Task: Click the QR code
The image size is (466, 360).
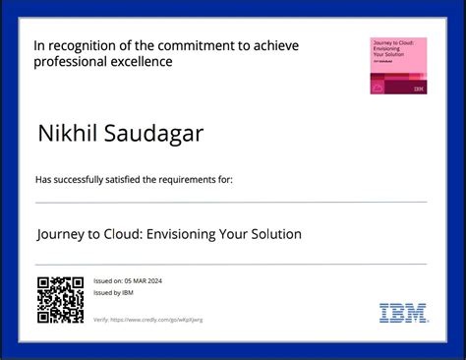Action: pos(59,300)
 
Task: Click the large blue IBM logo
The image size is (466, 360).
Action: pos(403,313)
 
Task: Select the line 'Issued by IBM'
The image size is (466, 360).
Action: pos(114,293)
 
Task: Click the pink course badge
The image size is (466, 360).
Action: pos(398,66)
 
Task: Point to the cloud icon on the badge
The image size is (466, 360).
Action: pos(378,88)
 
